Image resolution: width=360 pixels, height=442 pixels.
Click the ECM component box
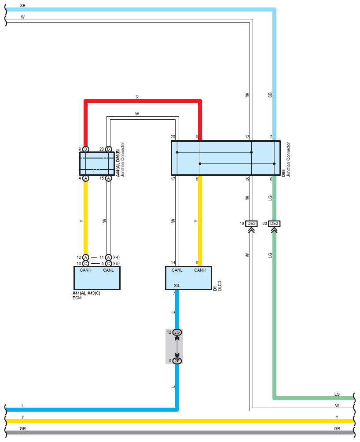[97, 278]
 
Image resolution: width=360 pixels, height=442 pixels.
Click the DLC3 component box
[188, 278]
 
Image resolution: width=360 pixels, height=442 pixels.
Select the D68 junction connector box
[226, 158]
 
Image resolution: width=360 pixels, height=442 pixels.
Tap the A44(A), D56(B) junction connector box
[97, 164]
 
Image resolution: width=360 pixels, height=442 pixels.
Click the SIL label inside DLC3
[177, 286]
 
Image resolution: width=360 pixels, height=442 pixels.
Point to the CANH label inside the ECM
[86, 270]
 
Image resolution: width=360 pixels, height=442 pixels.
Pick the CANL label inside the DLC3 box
[177, 270]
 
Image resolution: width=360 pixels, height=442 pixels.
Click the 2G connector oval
[177, 332]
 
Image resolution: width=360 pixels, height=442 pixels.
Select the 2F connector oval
[177, 361]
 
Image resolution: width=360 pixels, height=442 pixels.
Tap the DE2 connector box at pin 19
[251, 224]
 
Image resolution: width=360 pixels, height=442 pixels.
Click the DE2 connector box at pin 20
[274, 224]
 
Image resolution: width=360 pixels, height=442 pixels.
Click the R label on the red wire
[137, 97]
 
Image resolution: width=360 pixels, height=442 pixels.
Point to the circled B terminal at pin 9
[86, 149]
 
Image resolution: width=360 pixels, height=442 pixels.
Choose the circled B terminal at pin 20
[108, 149]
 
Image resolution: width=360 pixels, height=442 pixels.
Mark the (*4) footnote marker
[116, 258]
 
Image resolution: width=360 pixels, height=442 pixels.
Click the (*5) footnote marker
[116, 264]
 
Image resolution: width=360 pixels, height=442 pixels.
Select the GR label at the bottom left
[22, 428]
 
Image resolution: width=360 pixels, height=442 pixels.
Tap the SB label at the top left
[22, 6]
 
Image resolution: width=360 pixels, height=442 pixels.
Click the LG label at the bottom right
[337, 394]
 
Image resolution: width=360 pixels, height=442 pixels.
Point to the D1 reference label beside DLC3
[215, 288]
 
